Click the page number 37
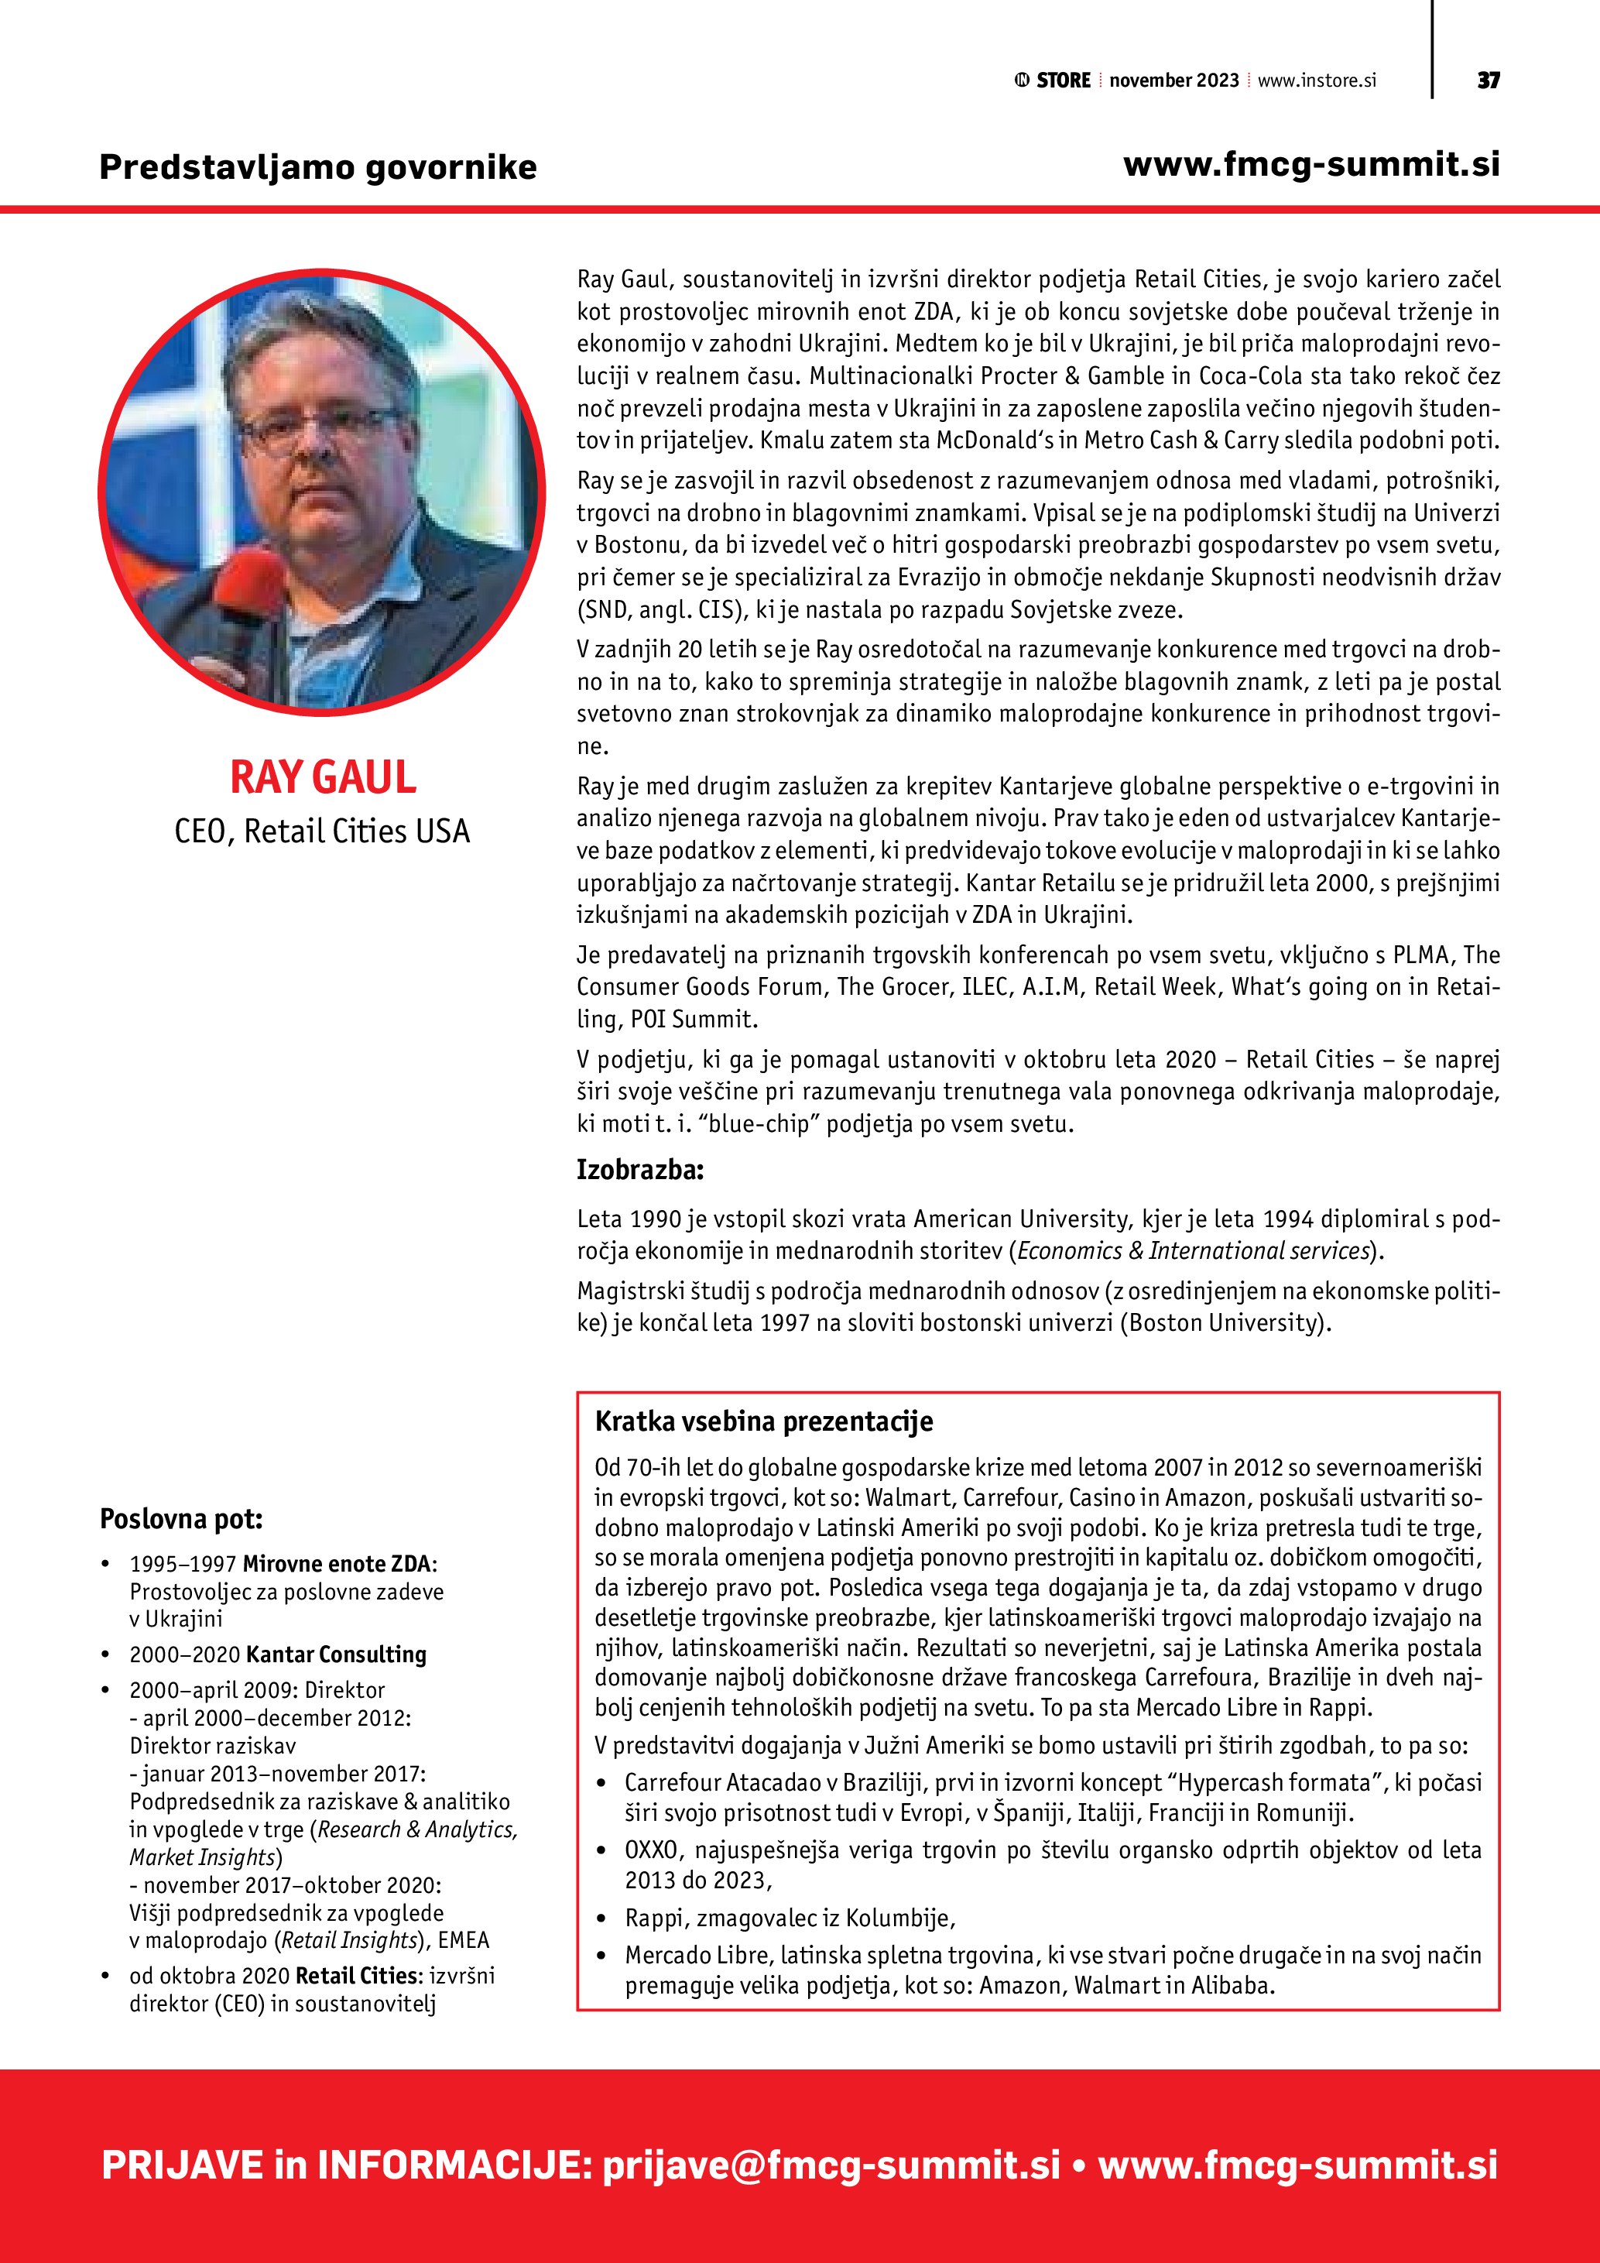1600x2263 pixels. (x=1488, y=80)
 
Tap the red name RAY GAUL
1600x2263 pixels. (x=322, y=777)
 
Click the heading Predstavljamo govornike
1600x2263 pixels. (x=317, y=166)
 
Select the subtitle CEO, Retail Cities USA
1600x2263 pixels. (x=322, y=831)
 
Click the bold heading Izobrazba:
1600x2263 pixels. (x=640, y=1171)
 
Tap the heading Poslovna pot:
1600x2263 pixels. (x=181, y=1519)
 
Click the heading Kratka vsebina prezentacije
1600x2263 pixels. (x=763, y=1421)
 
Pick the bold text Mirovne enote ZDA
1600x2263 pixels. (x=337, y=1564)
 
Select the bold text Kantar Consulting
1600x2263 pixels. (x=336, y=1654)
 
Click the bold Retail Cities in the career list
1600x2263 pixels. (x=355, y=1975)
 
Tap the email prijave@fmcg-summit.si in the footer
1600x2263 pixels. (x=831, y=2165)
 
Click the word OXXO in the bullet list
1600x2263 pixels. (x=651, y=1850)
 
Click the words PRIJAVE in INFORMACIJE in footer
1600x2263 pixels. (x=344, y=2165)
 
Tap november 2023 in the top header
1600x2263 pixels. (x=1173, y=81)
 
